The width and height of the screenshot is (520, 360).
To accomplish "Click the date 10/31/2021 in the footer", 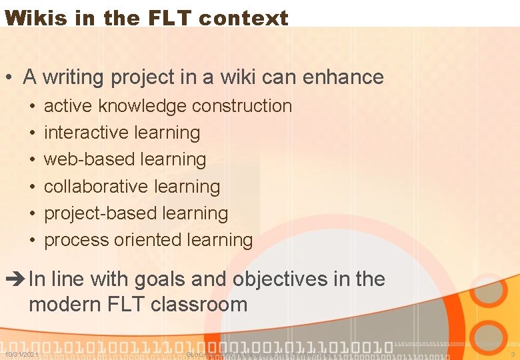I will tap(21, 354).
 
